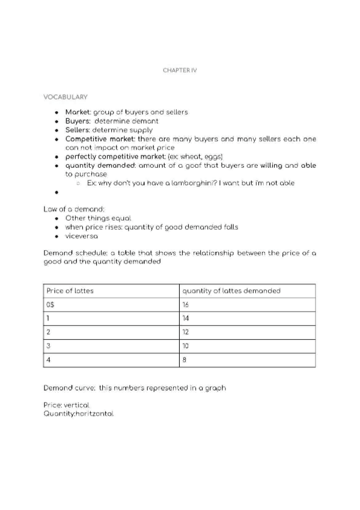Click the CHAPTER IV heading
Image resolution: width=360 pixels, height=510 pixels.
tap(180, 70)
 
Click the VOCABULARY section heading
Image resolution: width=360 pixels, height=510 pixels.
tap(66, 96)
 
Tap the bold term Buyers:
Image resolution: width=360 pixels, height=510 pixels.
tap(78, 121)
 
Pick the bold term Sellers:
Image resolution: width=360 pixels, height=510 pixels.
tap(78, 129)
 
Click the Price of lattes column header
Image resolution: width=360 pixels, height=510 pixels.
tap(70, 290)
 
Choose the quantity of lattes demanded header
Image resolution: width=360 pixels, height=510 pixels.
tap(231, 290)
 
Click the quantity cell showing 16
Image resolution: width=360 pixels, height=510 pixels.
tap(186, 304)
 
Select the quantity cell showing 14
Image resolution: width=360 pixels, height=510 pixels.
tap(186, 318)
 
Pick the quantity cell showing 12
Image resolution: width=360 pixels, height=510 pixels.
tap(186, 332)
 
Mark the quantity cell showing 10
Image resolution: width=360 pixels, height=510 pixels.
tap(186, 346)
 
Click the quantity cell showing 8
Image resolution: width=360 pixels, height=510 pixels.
tap(185, 360)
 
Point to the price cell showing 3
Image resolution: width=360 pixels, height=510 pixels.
tap(48, 346)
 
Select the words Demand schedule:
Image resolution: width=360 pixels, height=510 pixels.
tap(73, 254)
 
